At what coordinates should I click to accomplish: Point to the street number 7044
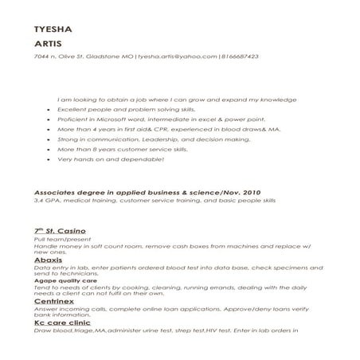pyautogui.click(x=41, y=57)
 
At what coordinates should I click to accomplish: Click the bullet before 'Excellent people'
pyautogui.click(x=49, y=109)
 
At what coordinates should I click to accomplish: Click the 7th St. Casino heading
pyautogui.click(x=61, y=230)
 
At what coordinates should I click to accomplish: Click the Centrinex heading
pyautogui.click(x=55, y=303)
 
